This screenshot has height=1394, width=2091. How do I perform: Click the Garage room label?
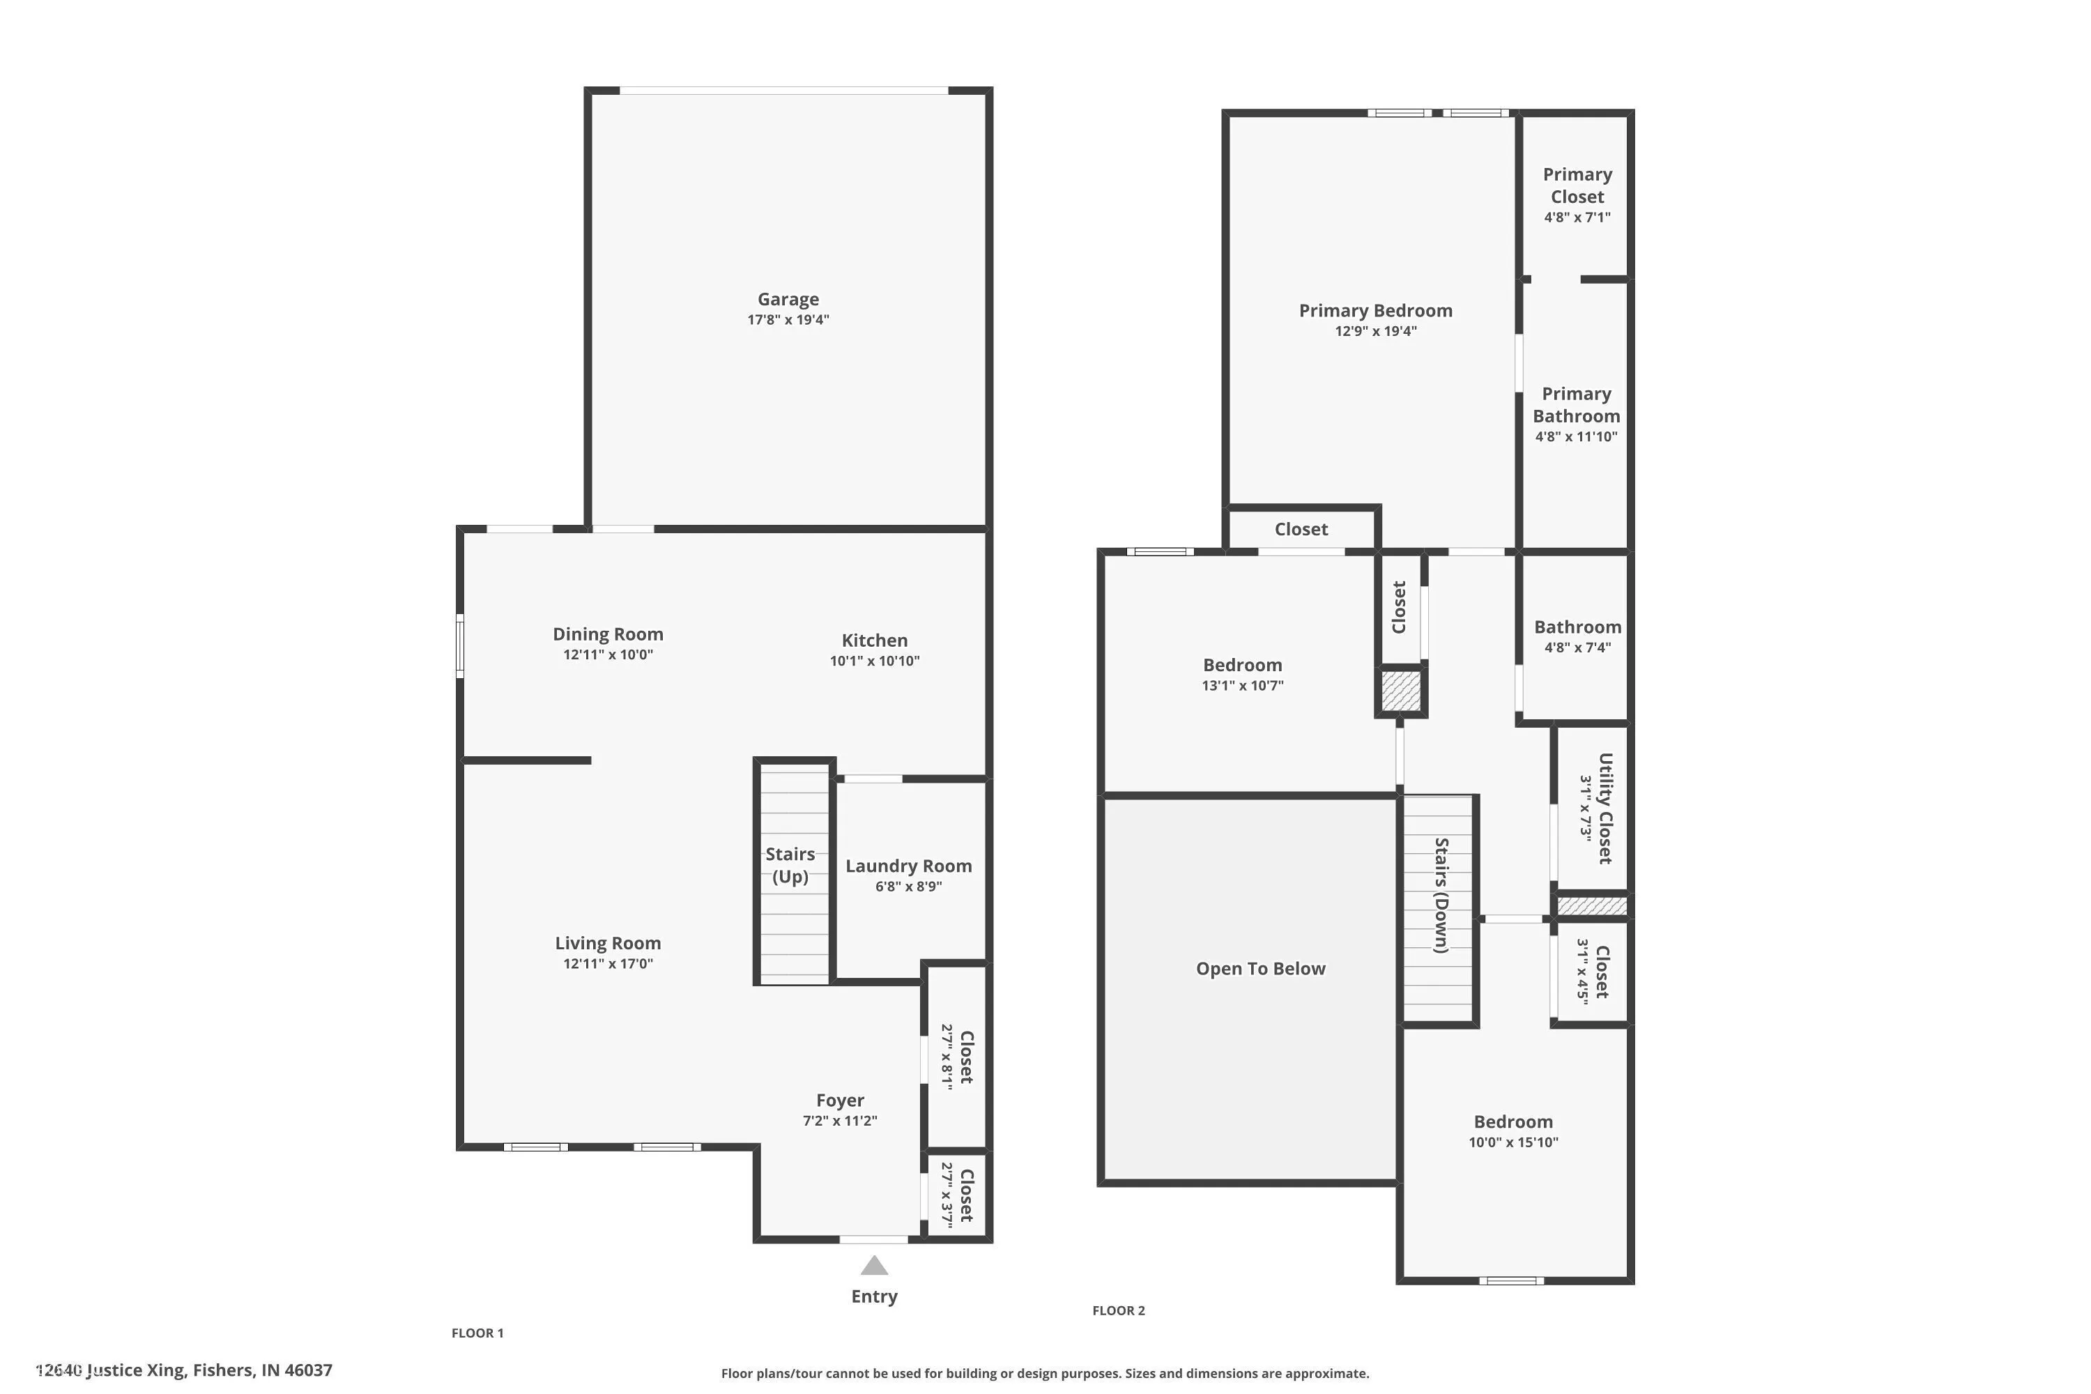point(788,300)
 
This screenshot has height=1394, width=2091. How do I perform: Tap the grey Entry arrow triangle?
point(874,1265)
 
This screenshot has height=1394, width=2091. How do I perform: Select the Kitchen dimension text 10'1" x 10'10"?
point(875,661)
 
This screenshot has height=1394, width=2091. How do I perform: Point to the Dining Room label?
point(608,634)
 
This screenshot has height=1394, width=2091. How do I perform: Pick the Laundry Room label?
point(909,866)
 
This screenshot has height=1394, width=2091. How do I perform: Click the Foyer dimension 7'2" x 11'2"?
point(840,1120)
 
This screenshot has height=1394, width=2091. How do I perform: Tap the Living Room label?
point(608,943)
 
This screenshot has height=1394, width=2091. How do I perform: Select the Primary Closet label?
point(1577,185)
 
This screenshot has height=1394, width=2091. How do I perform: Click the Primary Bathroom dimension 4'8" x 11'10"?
point(1576,436)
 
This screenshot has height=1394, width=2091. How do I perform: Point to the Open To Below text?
point(1261,969)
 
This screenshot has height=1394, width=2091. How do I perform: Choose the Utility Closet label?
point(1604,808)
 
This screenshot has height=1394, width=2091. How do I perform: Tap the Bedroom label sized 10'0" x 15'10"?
point(1513,1122)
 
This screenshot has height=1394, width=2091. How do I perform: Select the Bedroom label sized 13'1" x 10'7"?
point(1242,665)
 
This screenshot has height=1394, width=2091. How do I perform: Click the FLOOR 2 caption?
point(1119,1310)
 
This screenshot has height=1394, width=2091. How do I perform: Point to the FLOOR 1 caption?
point(477,1333)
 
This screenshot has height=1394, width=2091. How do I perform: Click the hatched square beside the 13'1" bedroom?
point(1401,691)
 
